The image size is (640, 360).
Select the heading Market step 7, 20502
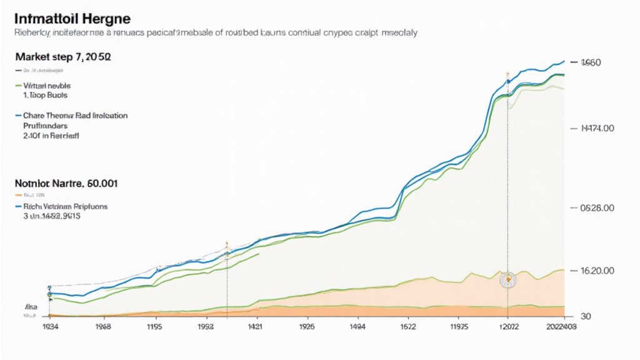(63, 56)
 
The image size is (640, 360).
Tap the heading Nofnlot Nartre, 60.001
(66, 184)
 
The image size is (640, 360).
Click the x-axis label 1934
(50, 326)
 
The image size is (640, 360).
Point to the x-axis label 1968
(102, 326)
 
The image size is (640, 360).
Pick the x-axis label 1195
(154, 326)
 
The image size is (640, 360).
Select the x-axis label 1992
(206, 326)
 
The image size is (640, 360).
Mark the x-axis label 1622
(408, 326)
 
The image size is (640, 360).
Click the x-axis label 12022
(509, 326)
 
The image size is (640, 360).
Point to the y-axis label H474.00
(597, 128)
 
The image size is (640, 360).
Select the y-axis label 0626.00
(597, 207)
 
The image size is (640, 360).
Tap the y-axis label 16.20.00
(597, 271)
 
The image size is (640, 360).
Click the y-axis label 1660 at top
(591, 62)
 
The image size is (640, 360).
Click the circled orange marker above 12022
(509, 279)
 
